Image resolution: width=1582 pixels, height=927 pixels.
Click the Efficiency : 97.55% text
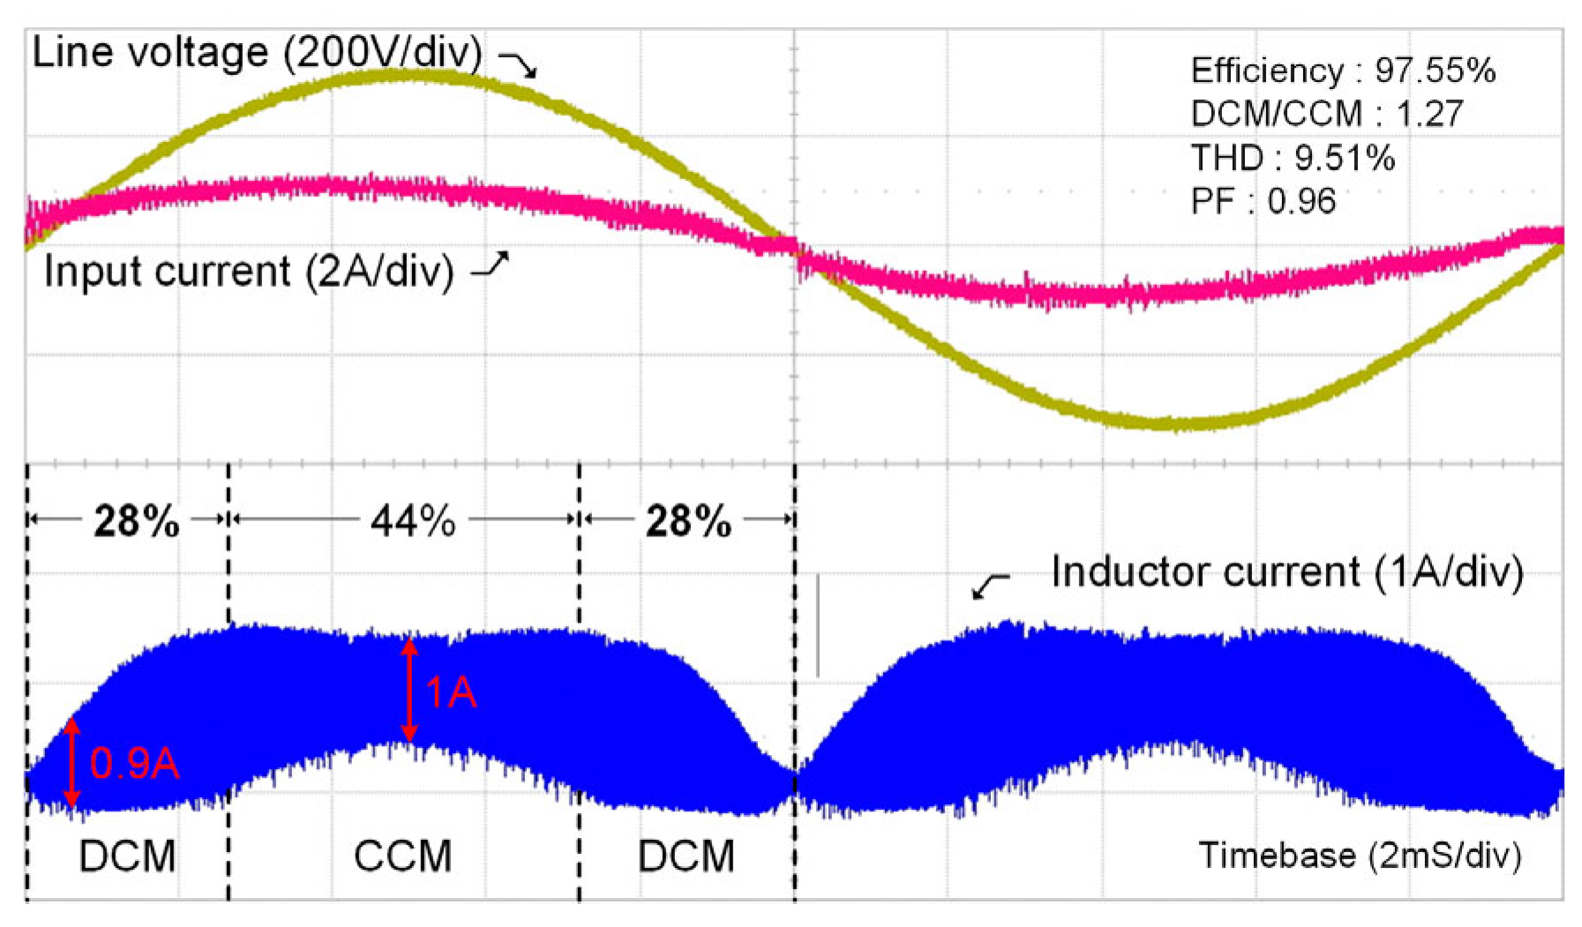point(1342,71)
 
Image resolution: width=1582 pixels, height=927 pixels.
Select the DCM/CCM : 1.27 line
point(1326,114)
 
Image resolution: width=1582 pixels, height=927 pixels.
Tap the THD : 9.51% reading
point(1293,158)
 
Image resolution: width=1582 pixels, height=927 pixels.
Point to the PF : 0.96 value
point(1263,202)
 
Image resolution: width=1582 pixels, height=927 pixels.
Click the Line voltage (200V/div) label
point(257,53)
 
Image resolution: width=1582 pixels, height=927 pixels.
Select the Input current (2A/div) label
point(249,271)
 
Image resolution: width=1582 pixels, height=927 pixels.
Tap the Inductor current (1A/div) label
point(1286,572)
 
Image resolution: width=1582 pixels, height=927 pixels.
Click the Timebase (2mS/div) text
point(1359,855)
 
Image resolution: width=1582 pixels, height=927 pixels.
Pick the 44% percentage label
point(413,521)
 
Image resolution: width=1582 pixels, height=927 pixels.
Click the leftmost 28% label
point(137,521)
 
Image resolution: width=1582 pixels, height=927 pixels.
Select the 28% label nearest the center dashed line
point(688,521)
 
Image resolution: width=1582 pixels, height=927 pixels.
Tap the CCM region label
point(402,856)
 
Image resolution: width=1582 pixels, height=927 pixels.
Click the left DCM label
point(127,856)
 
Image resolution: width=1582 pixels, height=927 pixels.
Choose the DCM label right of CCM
point(686,856)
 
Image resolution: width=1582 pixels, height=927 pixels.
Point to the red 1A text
point(451,692)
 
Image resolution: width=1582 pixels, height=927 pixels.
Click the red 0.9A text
point(135,763)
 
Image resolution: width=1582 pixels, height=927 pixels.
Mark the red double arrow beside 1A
point(409,690)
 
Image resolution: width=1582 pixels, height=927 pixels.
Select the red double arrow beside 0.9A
point(72,762)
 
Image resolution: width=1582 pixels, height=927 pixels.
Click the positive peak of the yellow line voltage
point(401,76)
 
